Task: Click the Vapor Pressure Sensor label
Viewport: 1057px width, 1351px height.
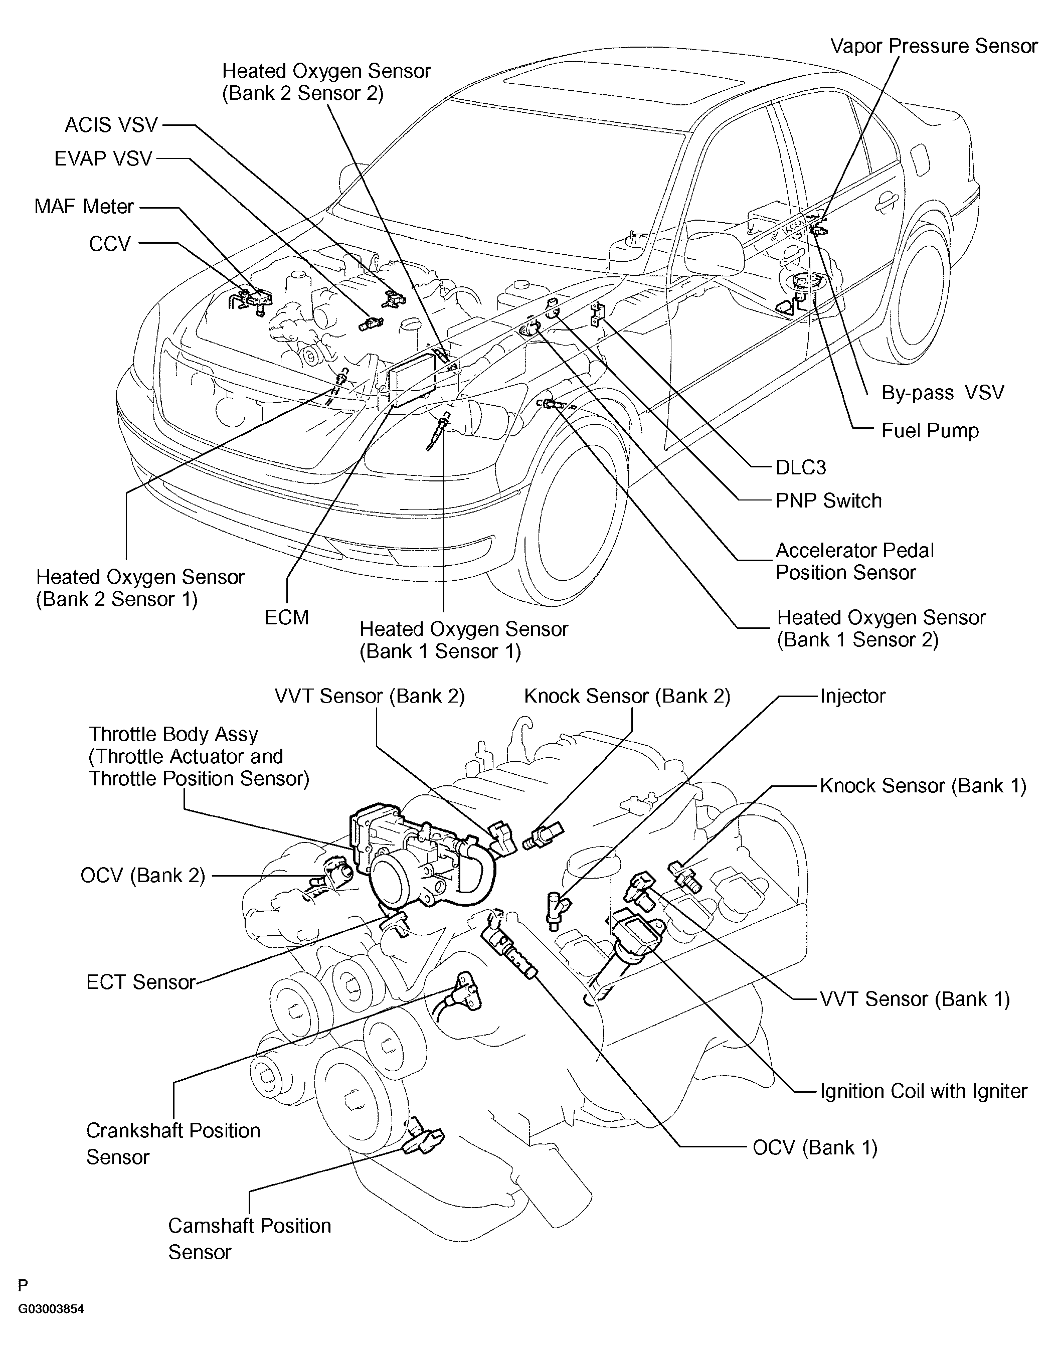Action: [933, 47]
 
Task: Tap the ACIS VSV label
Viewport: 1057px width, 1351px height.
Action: [111, 126]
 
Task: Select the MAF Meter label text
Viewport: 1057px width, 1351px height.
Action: [84, 206]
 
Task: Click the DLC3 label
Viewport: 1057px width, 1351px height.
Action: [801, 467]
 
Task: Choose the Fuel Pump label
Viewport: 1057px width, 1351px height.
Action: [930, 431]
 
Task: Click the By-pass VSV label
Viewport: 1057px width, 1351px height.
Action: [942, 392]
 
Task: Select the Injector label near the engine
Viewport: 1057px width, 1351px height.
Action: [852, 696]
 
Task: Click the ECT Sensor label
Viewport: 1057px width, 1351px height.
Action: [141, 982]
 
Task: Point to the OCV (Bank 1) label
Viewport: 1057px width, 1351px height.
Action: [815, 1147]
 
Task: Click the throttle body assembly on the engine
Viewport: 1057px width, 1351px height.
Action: [409, 860]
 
